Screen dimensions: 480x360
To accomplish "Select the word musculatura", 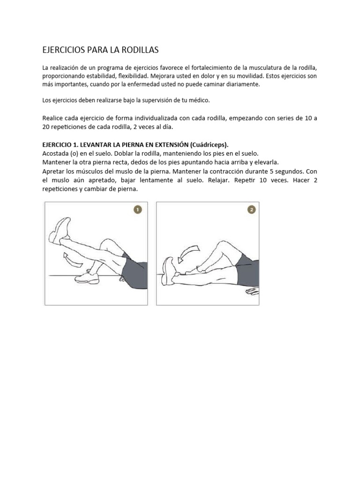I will (x=274, y=68).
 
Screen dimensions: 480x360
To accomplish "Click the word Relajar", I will (x=225, y=180).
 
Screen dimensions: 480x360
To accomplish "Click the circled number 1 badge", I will (x=138, y=210).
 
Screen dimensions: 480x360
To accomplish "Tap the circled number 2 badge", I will (x=252, y=210).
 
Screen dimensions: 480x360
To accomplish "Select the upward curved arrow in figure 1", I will (x=70, y=257).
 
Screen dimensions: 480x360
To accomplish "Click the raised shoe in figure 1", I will (x=61, y=230).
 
